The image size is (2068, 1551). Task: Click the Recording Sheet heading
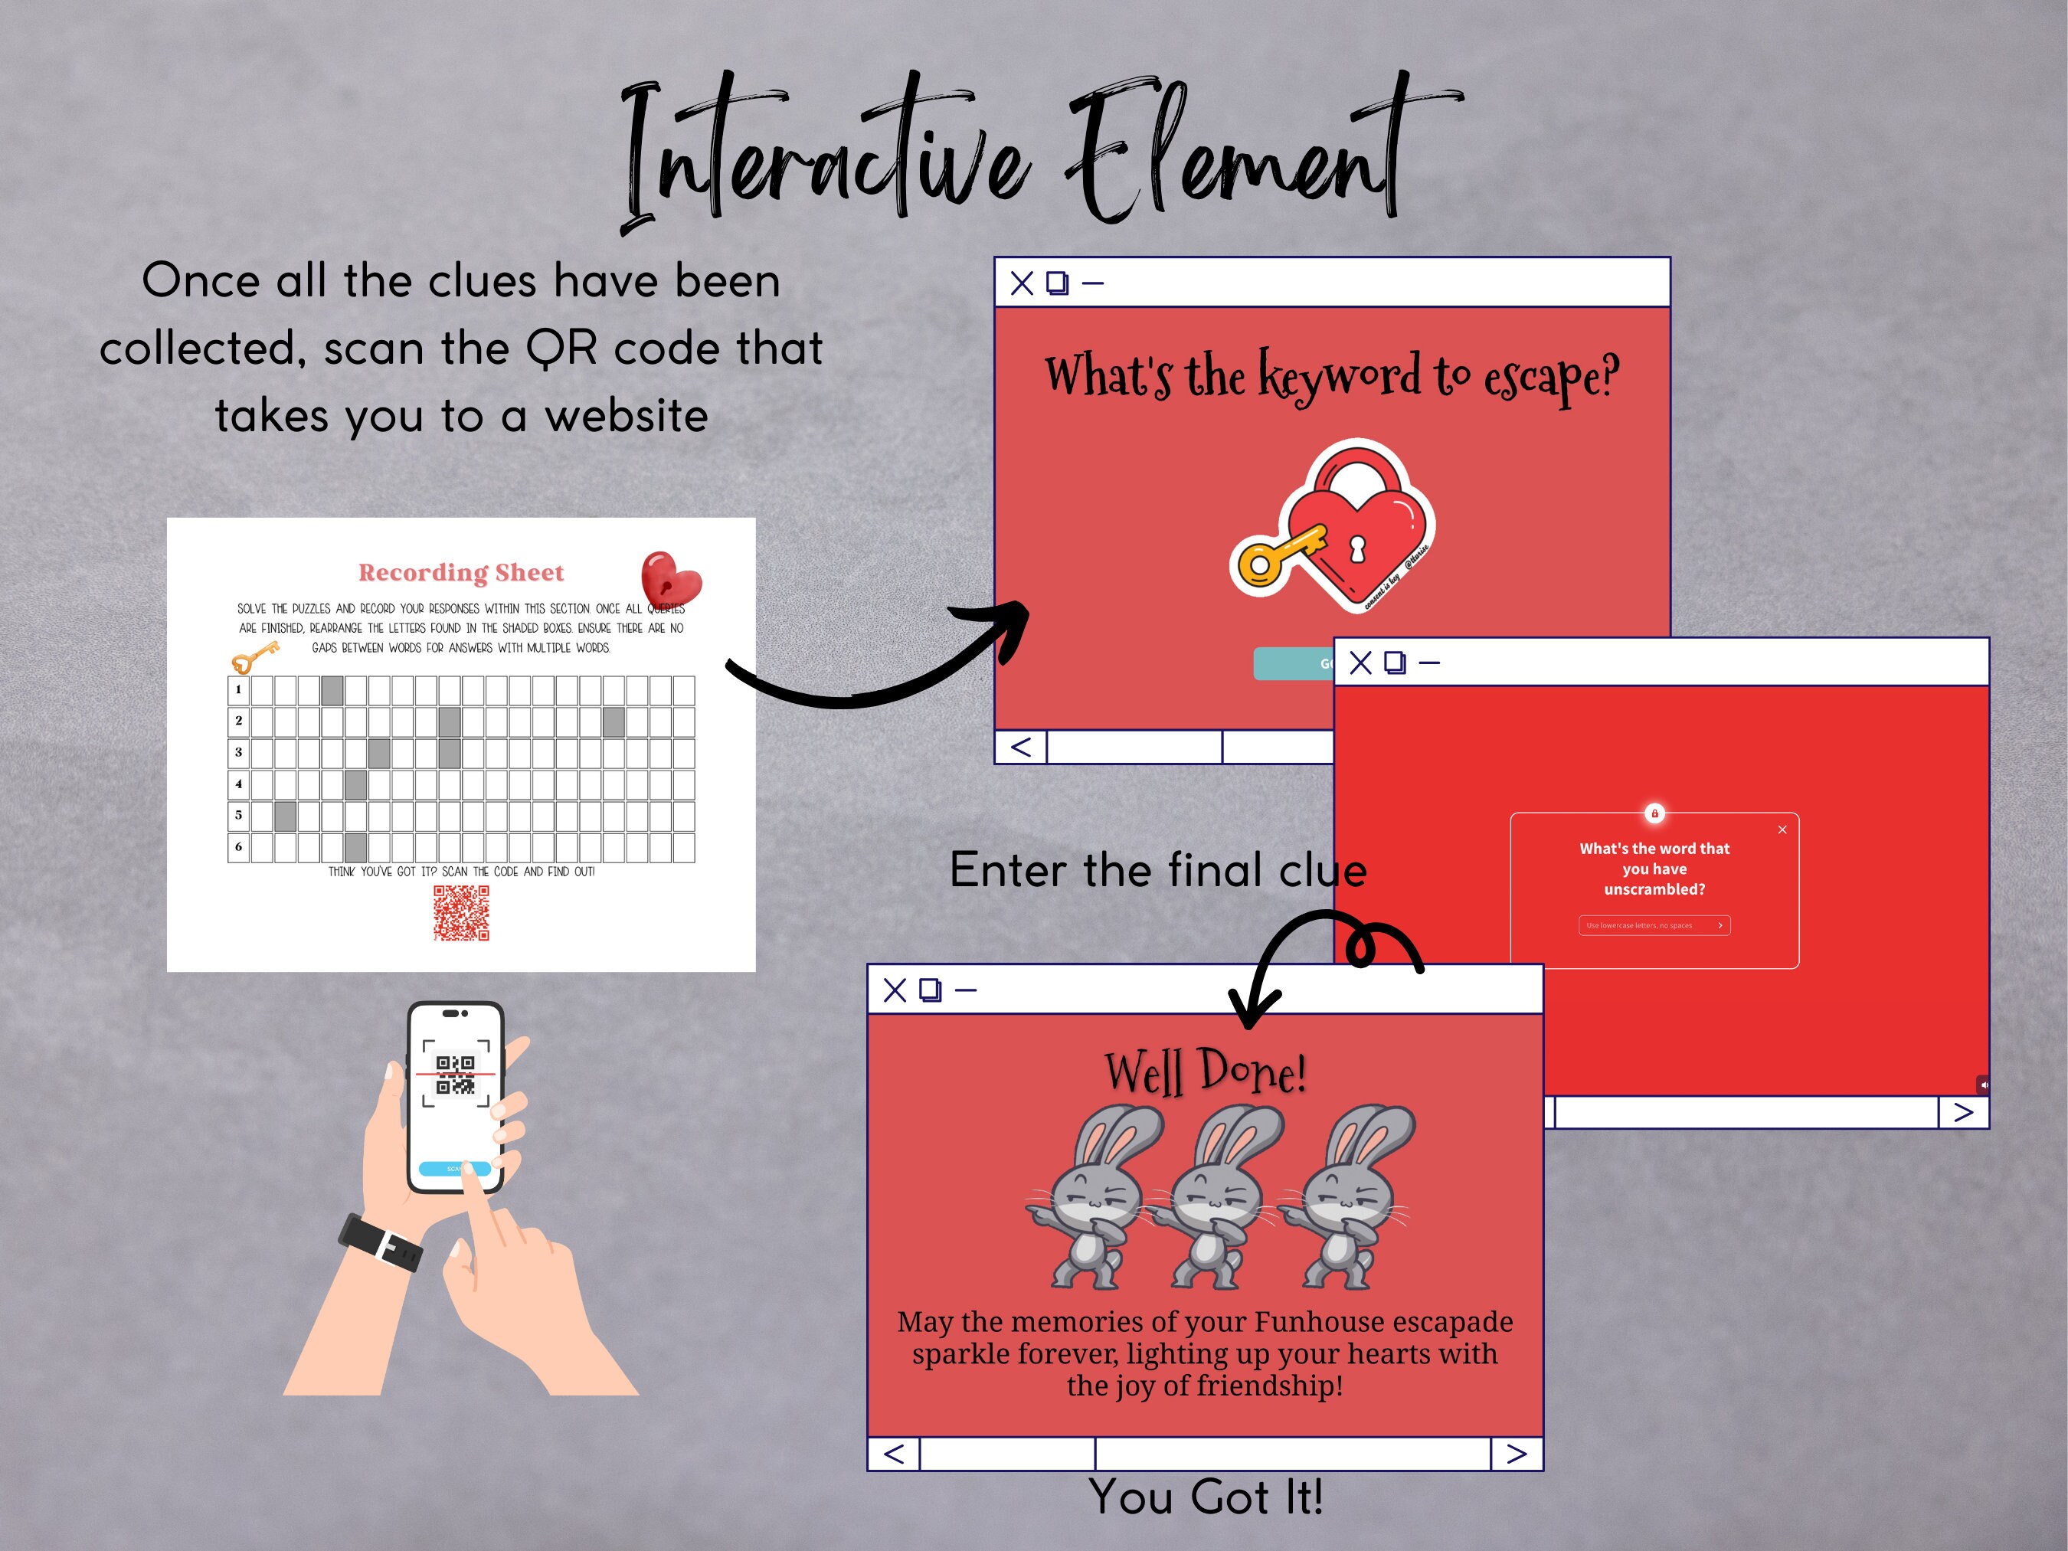point(461,572)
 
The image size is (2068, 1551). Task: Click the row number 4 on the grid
point(238,784)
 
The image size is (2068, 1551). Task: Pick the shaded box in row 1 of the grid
point(332,690)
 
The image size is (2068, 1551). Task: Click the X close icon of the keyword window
point(1022,283)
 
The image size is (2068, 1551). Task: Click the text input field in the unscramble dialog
point(1648,925)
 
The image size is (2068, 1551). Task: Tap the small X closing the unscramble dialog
point(1782,830)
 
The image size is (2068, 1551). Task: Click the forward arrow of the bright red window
point(1963,1113)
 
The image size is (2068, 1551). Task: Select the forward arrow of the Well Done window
point(1517,1454)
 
